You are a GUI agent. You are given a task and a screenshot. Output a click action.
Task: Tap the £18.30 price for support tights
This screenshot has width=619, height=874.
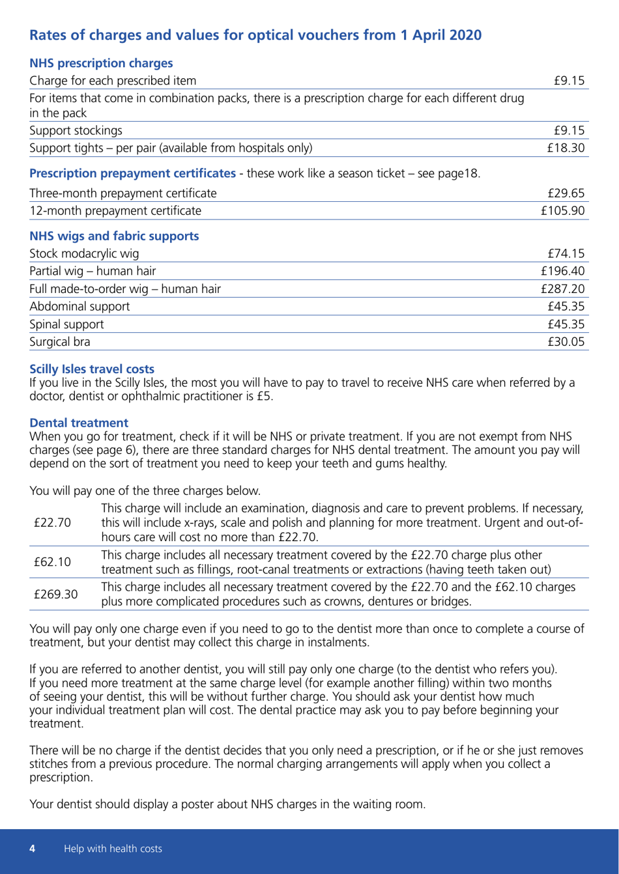coord(571,148)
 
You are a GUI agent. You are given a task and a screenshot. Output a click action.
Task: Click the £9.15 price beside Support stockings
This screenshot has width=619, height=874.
coord(573,130)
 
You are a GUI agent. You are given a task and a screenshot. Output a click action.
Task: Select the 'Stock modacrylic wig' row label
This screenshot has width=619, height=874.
coord(85,253)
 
